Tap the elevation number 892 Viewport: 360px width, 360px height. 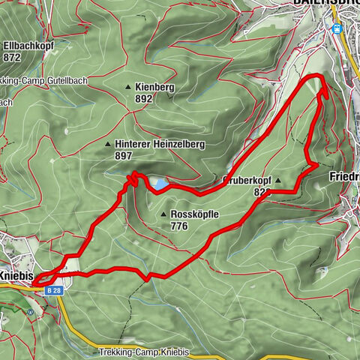tap(143, 99)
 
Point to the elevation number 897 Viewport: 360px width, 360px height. tap(124, 156)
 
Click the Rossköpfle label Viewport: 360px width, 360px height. tap(194, 214)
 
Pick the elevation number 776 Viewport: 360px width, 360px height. tap(179, 226)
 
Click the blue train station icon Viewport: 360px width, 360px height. tap(337, 29)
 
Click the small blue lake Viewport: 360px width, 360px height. tap(160, 182)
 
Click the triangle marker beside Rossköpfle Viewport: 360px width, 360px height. tap(163, 214)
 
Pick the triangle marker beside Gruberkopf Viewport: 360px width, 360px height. tap(278, 180)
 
